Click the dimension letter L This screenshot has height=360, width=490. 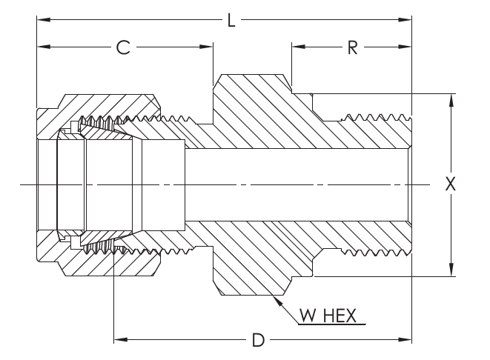pos(231,21)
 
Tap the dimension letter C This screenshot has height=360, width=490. pos(124,48)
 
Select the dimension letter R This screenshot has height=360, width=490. pos(353,48)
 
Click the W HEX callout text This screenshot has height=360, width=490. pos(328,317)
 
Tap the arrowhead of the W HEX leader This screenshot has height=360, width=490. pos(275,298)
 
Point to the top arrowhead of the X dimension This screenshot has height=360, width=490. pos(450,99)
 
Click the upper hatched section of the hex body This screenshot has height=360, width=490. pos(252,111)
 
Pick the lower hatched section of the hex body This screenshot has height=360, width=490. pos(252,256)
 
